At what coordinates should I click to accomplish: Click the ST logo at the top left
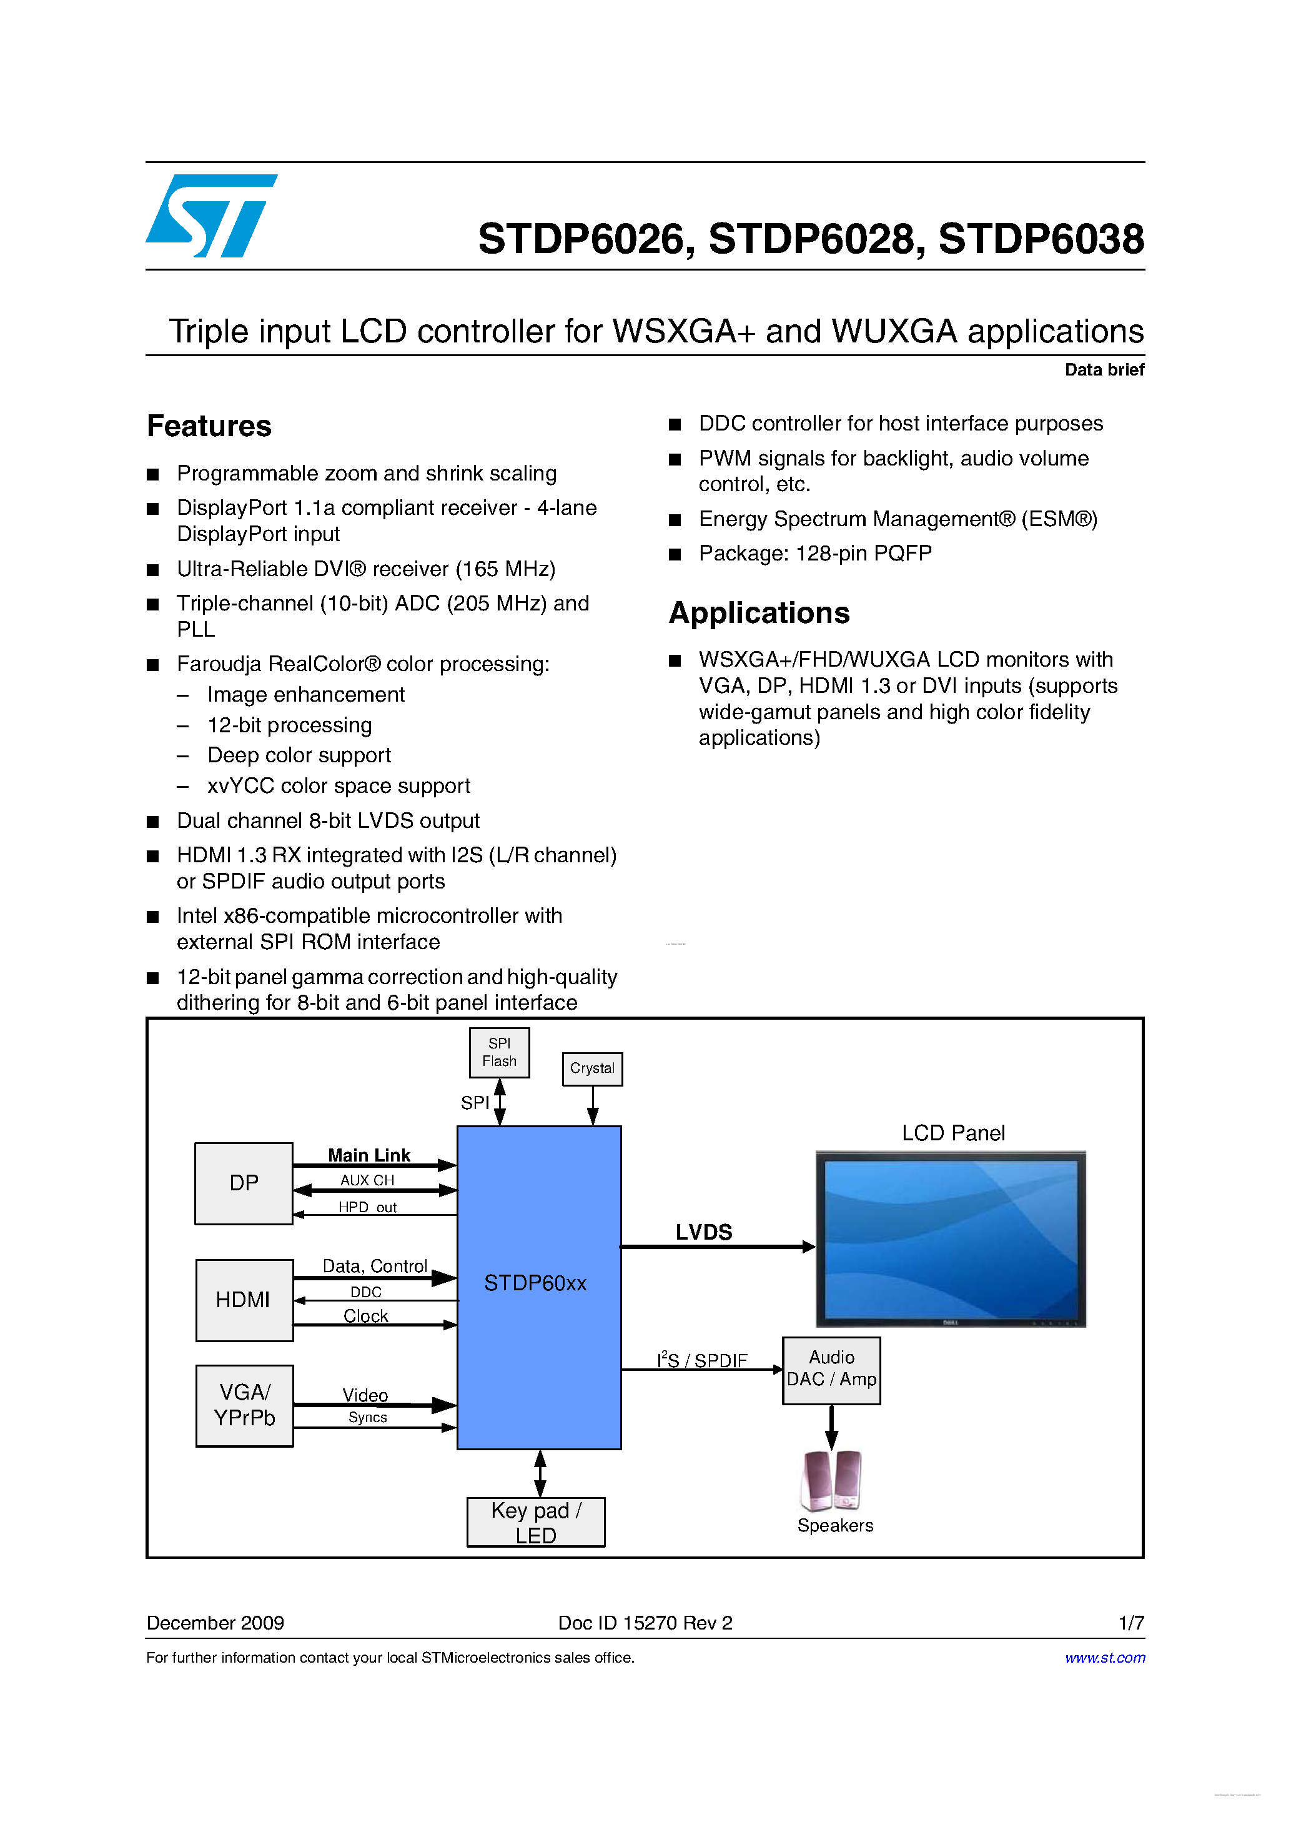pyautogui.click(x=210, y=216)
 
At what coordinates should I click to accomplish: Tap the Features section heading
pyautogui.click(x=209, y=427)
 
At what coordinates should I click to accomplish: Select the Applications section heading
pyautogui.click(x=759, y=613)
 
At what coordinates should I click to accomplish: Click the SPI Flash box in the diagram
pyautogui.click(x=499, y=1052)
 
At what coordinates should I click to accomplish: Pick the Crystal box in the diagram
pyautogui.click(x=592, y=1068)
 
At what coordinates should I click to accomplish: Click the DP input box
pyautogui.click(x=244, y=1183)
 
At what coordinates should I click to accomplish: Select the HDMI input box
pyautogui.click(x=244, y=1300)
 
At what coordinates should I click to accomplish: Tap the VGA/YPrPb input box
pyautogui.click(x=244, y=1405)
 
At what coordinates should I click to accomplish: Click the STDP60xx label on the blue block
pyautogui.click(x=535, y=1283)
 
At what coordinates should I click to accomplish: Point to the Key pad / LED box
pyautogui.click(x=535, y=1522)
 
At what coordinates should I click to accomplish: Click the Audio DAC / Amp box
pyautogui.click(x=831, y=1370)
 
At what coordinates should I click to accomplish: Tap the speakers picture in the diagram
pyautogui.click(x=831, y=1481)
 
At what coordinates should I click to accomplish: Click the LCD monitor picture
pyautogui.click(x=951, y=1238)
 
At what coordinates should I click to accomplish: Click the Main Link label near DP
pyautogui.click(x=369, y=1155)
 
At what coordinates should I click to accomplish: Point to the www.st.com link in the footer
pyautogui.click(x=1104, y=1658)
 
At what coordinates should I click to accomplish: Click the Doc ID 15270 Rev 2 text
pyautogui.click(x=645, y=1623)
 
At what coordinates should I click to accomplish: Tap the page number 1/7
pyautogui.click(x=1130, y=1623)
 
